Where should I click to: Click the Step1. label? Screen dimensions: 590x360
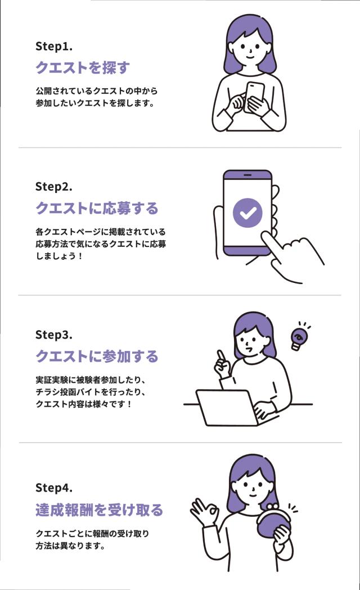[53, 46]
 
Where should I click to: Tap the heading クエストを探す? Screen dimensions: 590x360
[83, 68]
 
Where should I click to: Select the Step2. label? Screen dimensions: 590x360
[54, 186]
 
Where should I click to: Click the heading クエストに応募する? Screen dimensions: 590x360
[97, 208]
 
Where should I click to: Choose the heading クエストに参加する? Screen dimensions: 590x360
[97, 357]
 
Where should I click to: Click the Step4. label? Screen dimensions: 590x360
[54, 487]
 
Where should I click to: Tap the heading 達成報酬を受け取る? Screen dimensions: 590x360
[99, 510]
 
